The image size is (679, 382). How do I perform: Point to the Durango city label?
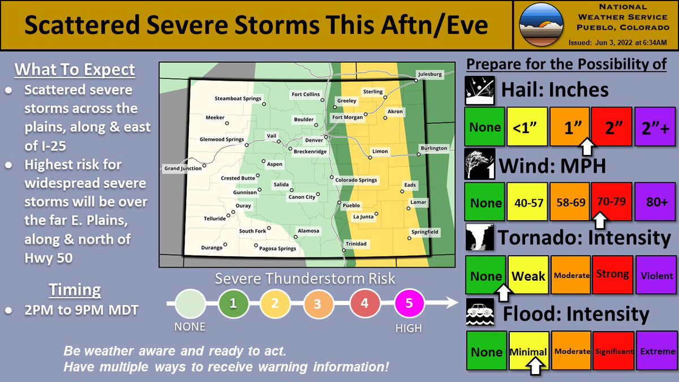[213, 248]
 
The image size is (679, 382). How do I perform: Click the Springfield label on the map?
[424, 232]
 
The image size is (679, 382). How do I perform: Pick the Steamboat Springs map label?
[238, 98]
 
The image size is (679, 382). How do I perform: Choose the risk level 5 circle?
[409, 303]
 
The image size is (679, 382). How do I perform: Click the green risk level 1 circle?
[233, 303]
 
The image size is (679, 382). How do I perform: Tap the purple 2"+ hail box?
[655, 127]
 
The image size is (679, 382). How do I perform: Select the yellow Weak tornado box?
[528, 275]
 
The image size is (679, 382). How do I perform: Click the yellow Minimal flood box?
[528, 351]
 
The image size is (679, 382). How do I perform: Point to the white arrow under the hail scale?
[588, 147]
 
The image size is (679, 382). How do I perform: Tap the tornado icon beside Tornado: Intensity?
[480, 238]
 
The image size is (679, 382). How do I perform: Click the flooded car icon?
[480, 313]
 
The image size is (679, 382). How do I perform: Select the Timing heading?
[75, 290]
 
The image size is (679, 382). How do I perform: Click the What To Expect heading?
[75, 70]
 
